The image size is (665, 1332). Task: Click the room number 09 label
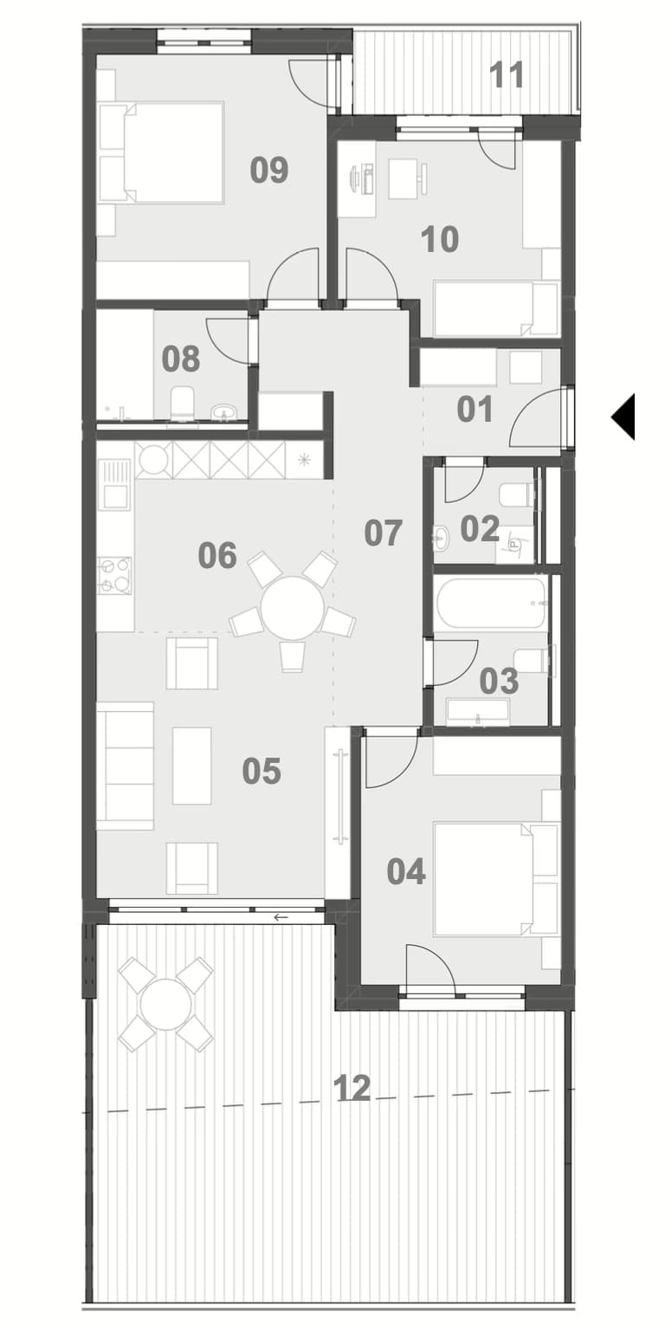click(x=269, y=170)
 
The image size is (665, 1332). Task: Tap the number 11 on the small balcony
click(x=507, y=75)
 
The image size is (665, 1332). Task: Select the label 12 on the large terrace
click(x=352, y=1088)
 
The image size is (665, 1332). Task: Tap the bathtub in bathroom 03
click(x=490, y=602)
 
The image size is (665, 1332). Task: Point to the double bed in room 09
click(x=162, y=152)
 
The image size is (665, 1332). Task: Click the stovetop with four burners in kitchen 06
click(x=116, y=575)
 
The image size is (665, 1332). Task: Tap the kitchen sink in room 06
click(x=115, y=485)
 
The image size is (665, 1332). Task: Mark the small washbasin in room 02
click(x=441, y=538)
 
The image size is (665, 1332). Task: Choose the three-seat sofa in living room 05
click(x=126, y=766)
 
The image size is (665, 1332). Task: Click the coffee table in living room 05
click(x=192, y=766)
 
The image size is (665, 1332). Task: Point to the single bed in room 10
click(x=495, y=308)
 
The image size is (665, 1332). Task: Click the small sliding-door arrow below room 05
click(x=281, y=917)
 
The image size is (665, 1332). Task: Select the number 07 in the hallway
click(x=383, y=533)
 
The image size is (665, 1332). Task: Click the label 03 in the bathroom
click(x=498, y=682)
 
